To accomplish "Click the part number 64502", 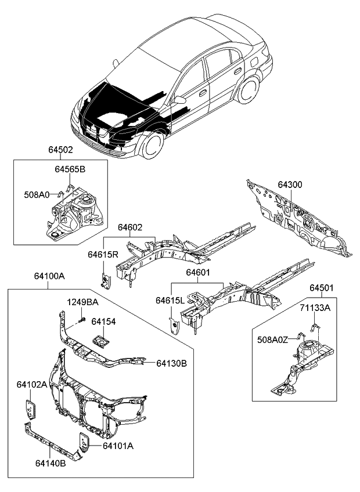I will tap(60, 150).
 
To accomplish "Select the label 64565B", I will tap(70, 169).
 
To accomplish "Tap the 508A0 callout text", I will tap(37, 195).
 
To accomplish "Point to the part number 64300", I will tap(290, 184).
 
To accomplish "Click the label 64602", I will tap(131, 229).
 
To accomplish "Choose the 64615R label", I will tap(103, 254).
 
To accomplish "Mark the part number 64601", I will tap(197, 272).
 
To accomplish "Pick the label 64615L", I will tap(170, 299).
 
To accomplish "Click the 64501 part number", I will tap(321, 288).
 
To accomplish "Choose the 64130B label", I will tap(171, 363).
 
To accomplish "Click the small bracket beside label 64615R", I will tap(105, 279).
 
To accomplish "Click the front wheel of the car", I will tap(152, 144).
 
